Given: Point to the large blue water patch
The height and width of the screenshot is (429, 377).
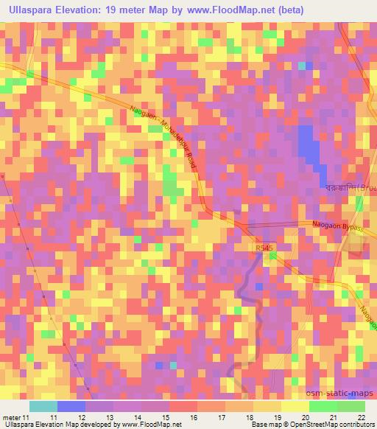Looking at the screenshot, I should pyautogui.click(x=309, y=147).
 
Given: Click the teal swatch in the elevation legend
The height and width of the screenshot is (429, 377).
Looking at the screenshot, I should pyautogui.click(x=43, y=406).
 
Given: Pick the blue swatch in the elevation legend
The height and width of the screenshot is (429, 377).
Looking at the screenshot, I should pyautogui.click(x=71, y=406).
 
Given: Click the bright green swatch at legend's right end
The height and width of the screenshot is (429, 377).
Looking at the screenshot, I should pyautogui.click(x=350, y=406).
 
